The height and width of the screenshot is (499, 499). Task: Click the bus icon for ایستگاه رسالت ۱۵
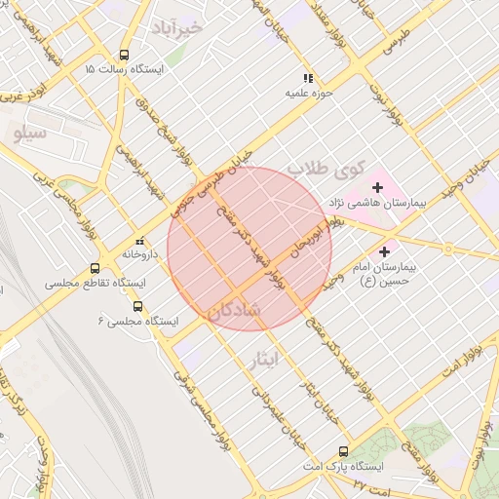coord(124,56)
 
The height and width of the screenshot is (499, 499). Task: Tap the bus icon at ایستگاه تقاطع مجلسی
coord(95,268)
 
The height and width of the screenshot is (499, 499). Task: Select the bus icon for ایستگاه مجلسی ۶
coord(136,305)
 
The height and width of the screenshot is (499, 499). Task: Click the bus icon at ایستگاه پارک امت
coord(343,451)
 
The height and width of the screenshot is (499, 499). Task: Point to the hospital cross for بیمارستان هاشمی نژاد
coord(377,186)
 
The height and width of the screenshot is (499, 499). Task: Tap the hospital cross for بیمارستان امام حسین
coord(384,251)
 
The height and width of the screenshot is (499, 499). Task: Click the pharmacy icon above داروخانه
coord(139,240)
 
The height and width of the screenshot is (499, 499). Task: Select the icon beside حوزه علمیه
coord(308,78)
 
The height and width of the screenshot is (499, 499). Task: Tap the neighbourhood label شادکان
coord(234,312)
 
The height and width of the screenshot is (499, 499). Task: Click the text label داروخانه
coord(139,253)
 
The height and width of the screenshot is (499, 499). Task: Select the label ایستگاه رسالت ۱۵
coord(124,70)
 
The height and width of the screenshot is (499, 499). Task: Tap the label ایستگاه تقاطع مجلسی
coord(95,283)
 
